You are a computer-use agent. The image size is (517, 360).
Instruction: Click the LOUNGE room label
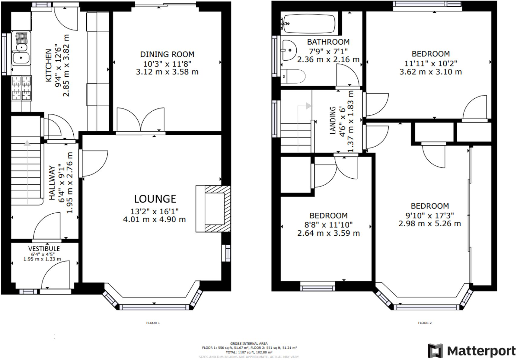(x=155, y=199)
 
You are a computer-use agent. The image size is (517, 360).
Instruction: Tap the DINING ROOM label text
(x=167, y=54)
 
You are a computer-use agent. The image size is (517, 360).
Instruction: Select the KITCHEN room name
(x=49, y=65)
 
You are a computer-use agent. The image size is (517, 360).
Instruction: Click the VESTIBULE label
(x=44, y=249)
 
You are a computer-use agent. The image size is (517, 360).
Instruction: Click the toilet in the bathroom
(x=294, y=76)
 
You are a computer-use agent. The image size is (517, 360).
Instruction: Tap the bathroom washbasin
(x=289, y=50)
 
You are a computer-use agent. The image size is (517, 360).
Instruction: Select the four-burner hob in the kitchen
(x=21, y=88)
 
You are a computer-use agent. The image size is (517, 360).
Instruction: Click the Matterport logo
(x=471, y=351)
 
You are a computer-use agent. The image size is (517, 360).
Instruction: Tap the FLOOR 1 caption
(x=153, y=323)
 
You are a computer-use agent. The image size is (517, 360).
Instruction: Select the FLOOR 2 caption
(x=425, y=323)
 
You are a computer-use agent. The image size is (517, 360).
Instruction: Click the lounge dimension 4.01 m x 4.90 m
(x=154, y=219)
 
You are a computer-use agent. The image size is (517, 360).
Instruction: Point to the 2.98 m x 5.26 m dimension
(x=429, y=224)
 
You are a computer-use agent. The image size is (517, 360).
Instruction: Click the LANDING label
(x=333, y=120)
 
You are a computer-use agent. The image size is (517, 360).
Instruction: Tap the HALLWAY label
(x=52, y=183)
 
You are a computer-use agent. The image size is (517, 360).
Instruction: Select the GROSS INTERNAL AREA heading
(x=249, y=343)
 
